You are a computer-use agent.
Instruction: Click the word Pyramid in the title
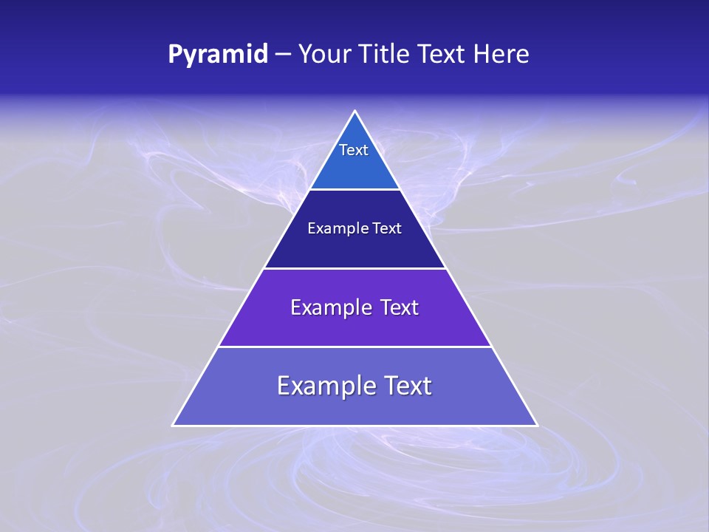pos(218,55)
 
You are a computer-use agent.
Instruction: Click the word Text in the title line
pos(443,54)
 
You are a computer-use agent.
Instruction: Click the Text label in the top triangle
pos(354,150)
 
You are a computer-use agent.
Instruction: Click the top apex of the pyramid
pos(355,112)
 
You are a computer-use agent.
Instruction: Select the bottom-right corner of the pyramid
pos(537,425)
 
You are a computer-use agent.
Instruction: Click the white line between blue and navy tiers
pos(355,189)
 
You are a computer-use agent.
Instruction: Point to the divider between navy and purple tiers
pos(355,268)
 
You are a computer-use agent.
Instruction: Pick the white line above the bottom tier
pos(355,347)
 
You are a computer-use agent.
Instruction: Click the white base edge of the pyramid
pos(355,426)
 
